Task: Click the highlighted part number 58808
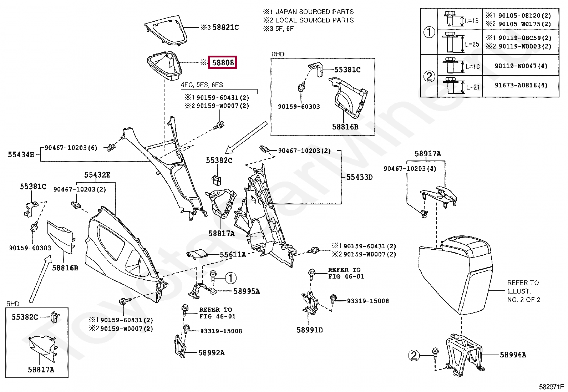click(222, 62)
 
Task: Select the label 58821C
click(226, 27)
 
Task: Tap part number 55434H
click(21, 154)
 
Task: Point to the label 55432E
click(97, 175)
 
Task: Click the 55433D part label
click(360, 177)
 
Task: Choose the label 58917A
click(428, 153)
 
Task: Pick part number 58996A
click(513, 355)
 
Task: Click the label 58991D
click(310, 330)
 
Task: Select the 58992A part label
click(212, 353)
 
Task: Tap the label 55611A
click(233, 255)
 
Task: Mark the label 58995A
click(247, 291)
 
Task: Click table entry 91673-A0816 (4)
click(521, 85)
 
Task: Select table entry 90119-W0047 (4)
click(521, 66)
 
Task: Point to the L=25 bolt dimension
click(472, 44)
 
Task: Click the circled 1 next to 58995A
click(230, 278)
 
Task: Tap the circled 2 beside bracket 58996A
click(414, 356)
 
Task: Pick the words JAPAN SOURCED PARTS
click(314, 12)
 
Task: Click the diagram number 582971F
click(551, 387)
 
